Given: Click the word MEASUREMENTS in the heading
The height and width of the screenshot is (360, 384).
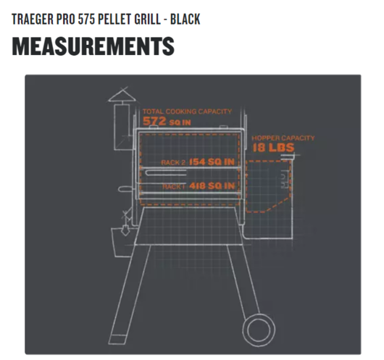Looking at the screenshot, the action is click(93, 46).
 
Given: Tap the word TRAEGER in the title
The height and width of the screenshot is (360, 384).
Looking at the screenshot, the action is click(33, 19).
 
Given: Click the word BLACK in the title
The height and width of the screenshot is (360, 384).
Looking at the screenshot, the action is click(185, 19).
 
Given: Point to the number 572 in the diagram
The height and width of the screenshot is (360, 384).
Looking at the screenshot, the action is click(154, 121).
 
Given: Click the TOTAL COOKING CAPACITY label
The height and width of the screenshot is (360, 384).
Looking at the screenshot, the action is click(187, 112).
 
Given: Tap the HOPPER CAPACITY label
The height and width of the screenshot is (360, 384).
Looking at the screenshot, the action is click(283, 138).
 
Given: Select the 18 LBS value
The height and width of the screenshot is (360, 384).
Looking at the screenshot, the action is click(273, 148).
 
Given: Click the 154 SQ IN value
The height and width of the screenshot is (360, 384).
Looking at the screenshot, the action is click(212, 162).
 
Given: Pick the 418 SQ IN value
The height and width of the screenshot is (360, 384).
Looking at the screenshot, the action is click(212, 186).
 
